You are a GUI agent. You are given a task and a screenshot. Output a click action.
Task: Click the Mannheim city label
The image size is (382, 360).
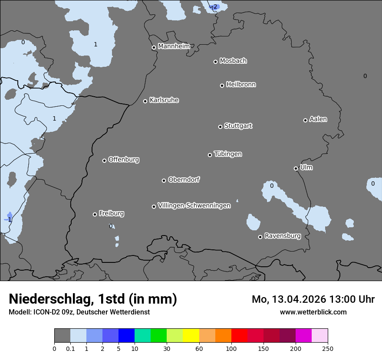(x=174, y=46)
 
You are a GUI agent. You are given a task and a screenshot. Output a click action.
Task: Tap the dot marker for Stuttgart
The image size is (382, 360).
(x=220, y=127)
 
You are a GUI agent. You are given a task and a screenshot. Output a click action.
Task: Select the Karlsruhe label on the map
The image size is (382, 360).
(x=164, y=100)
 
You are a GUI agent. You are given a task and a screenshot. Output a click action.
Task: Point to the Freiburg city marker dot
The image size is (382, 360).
(x=95, y=214)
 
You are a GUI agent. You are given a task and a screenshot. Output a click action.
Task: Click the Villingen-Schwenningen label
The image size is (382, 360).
(x=194, y=206)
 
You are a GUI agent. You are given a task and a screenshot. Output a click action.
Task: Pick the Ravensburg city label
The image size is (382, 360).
(x=283, y=236)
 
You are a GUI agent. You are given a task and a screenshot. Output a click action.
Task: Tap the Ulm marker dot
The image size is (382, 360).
(x=296, y=168)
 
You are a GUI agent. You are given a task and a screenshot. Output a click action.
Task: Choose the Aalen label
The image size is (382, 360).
(x=318, y=119)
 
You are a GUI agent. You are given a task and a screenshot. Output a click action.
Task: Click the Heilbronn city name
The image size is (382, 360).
(x=241, y=85)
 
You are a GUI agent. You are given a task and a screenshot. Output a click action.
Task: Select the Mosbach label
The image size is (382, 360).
(x=233, y=61)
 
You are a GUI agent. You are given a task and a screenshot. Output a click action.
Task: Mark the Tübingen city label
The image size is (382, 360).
(x=228, y=154)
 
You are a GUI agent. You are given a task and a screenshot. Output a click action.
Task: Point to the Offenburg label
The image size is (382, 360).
(x=124, y=160)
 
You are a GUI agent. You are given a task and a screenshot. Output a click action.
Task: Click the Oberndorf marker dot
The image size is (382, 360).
(x=164, y=180)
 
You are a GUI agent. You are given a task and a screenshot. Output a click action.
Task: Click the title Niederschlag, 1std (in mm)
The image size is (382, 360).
(x=93, y=299)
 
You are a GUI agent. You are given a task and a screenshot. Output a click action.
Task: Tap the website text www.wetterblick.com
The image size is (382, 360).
(x=313, y=312)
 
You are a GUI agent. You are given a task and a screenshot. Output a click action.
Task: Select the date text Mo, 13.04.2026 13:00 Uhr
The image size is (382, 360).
(x=313, y=299)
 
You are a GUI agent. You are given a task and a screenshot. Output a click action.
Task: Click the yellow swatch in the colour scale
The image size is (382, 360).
(x=191, y=336)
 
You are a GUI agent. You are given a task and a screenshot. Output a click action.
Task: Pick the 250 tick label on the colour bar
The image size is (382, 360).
(x=328, y=348)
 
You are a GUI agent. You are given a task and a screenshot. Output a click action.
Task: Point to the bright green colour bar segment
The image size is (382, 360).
(x=159, y=336)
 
